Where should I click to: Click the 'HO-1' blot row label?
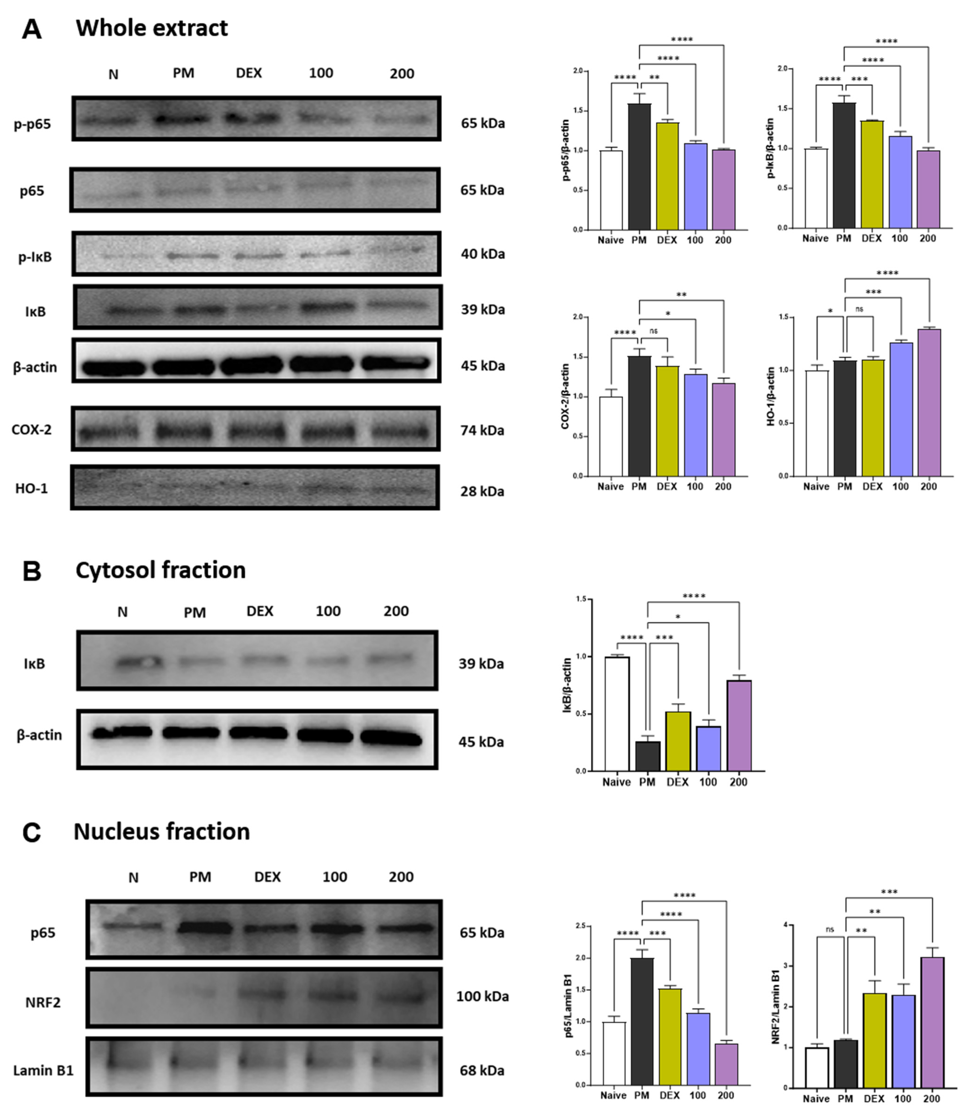31,488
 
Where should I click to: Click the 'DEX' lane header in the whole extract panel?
249,73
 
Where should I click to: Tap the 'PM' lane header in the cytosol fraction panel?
195,612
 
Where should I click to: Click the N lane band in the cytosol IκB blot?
137,662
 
